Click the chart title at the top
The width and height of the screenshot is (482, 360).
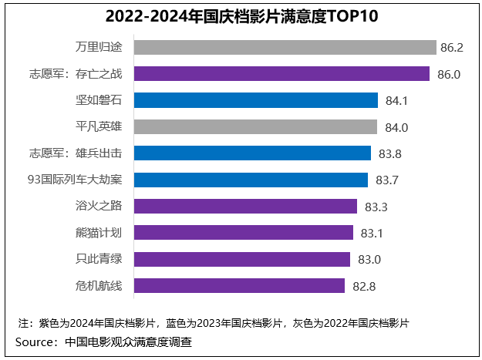click(x=241, y=16)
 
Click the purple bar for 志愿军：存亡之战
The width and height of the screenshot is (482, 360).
click(x=281, y=74)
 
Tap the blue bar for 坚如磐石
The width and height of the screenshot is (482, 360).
click(x=256, y=100)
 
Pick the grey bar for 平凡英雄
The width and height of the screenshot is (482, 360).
click(x=255, y=126)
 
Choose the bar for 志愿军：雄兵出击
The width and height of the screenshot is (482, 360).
click(x=252, y=153)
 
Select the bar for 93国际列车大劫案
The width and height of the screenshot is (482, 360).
click(x=251, y=180)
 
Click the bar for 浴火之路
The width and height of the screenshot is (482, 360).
click(x=245, y=206)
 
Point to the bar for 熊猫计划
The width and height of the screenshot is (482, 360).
click(x=244, y=232)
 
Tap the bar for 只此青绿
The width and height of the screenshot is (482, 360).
click(x=242, y=259)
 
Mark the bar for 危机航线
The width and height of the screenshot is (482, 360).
click(x=239, y=285)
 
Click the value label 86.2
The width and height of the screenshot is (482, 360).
click(x=451, y=48)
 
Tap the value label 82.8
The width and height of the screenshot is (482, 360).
click(x=363, y=286)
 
